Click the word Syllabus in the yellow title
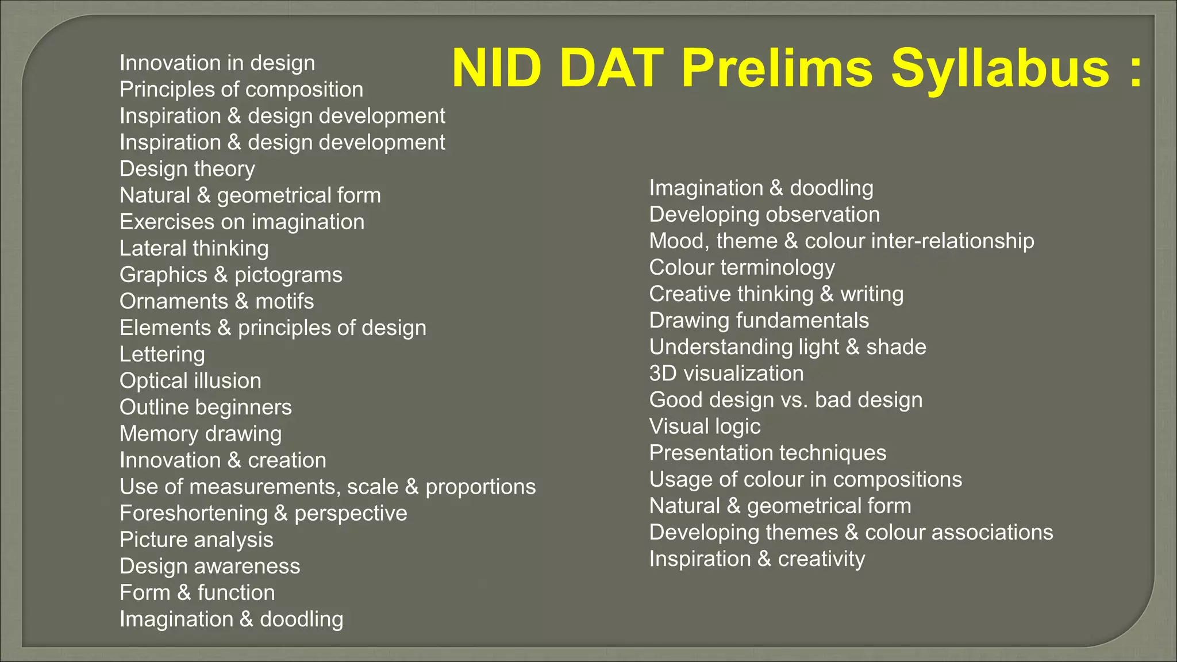(x=1001, y=69)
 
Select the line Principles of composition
(x=241, y=90)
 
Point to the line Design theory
(x=187, y=169)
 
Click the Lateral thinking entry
(x=194, y=248)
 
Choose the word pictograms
(x=289, y=275)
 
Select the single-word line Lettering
(x=162, y=355)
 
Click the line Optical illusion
(x=190, y=380)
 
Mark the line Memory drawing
(x=201, y=434)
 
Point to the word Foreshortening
(x=194, y=513)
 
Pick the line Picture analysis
(x=197, y=540)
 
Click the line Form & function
(x=197, y=592)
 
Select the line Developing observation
(x=764, y=214)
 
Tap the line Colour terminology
(x=742, y=268)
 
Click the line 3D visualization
(x=726, y=374)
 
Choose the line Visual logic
(x=705, y=426)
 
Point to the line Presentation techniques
(x=768, y=453)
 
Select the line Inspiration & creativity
(x=757, y=559)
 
